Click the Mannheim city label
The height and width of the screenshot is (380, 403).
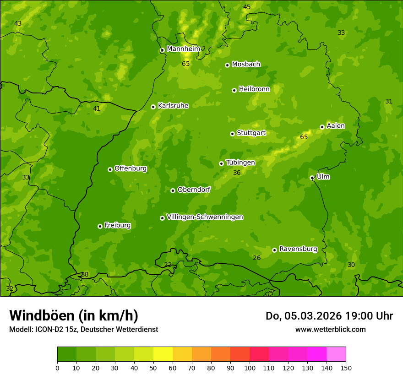pos(183,49)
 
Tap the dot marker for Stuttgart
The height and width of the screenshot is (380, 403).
pos(232,134)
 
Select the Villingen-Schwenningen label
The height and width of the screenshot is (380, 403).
pos(205,217)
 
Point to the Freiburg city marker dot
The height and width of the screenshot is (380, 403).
pos(100,226)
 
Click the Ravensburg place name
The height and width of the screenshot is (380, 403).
pos(298,249)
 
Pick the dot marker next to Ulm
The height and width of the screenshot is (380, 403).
pos(312,178)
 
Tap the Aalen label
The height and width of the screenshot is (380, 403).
pos(336,126)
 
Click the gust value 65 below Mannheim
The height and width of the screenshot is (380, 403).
pos(185,64)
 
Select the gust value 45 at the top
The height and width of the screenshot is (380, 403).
pos(247,7)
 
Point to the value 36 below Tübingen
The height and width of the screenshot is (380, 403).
pos(237,173)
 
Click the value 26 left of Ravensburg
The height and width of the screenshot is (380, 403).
pos(257,258)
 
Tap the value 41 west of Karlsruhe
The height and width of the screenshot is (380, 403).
pos(97,109)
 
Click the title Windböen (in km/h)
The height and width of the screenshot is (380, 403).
pos(74,315)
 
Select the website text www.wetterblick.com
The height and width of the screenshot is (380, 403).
pos(330,329)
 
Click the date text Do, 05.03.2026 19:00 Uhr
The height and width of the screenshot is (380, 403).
pos(329,316)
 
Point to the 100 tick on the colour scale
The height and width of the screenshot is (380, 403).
pos(250,368)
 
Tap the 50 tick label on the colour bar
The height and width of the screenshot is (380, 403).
pos(153,368)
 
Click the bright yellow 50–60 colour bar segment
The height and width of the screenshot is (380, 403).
pos(163,354)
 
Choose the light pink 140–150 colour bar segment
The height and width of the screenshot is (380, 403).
pos(336,354)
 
